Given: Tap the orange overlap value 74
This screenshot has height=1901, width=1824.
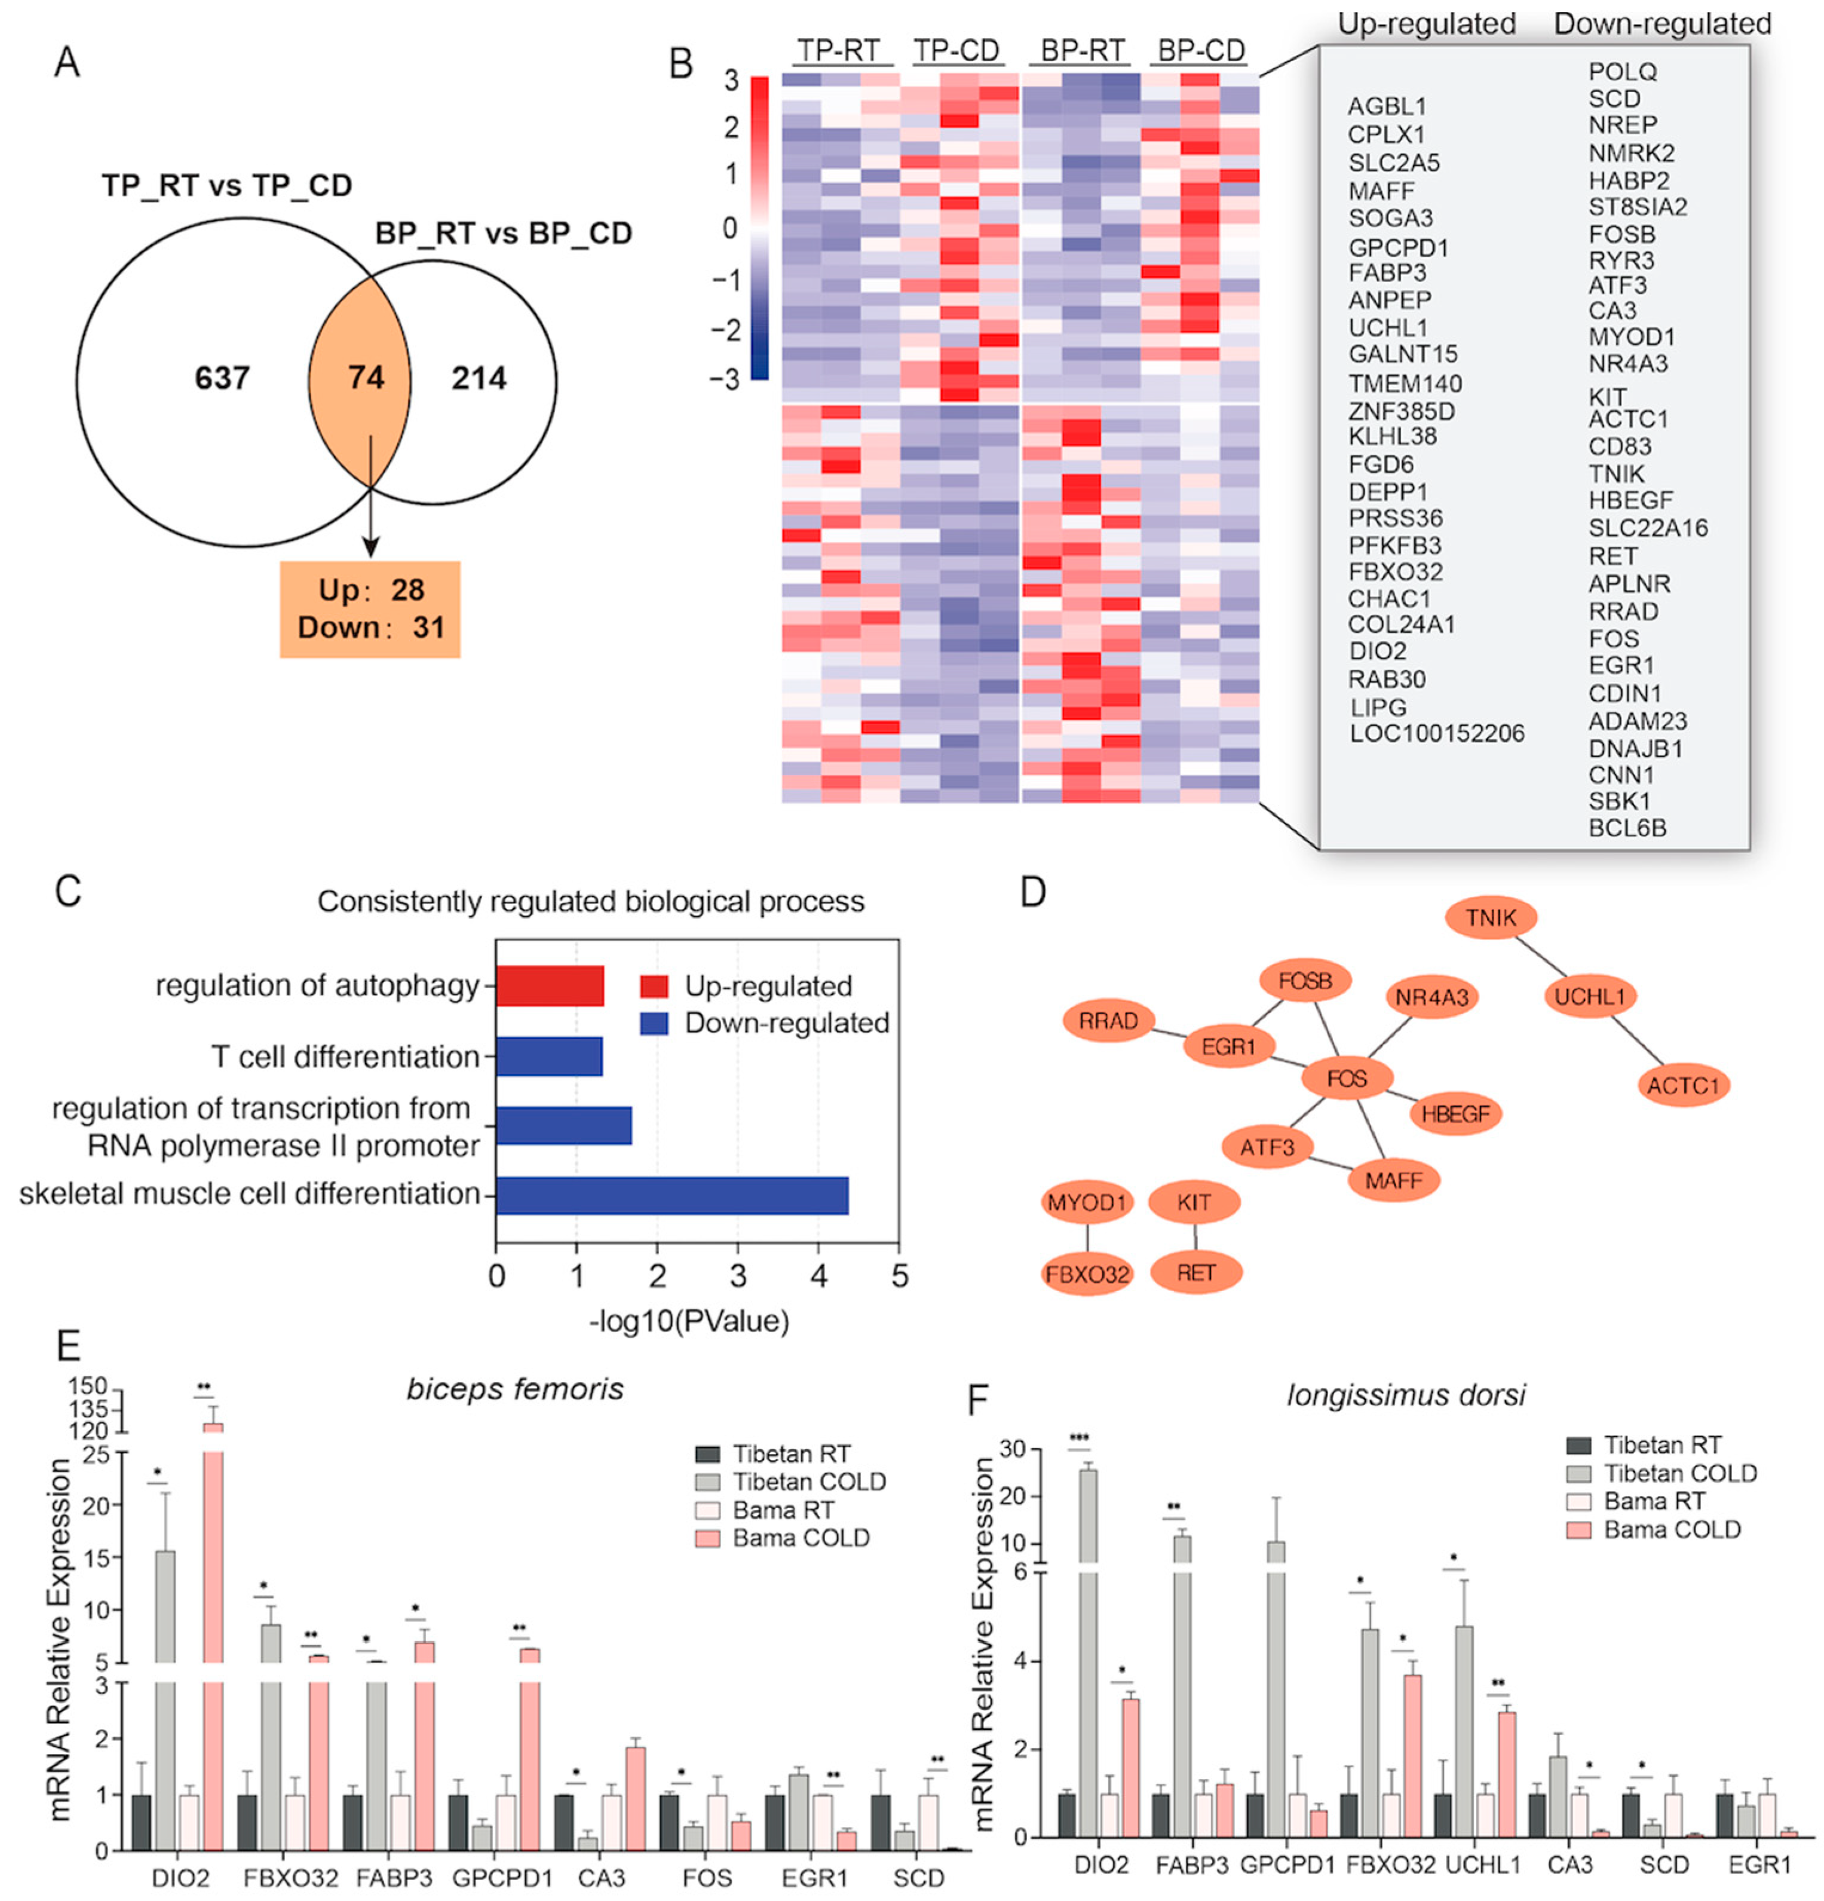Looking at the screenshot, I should (x=366, y=376).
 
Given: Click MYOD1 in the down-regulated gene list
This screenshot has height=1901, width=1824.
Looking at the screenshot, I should (x=1631, y=338).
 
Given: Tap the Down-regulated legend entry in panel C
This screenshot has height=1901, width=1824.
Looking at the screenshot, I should (x=786, y=1023).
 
